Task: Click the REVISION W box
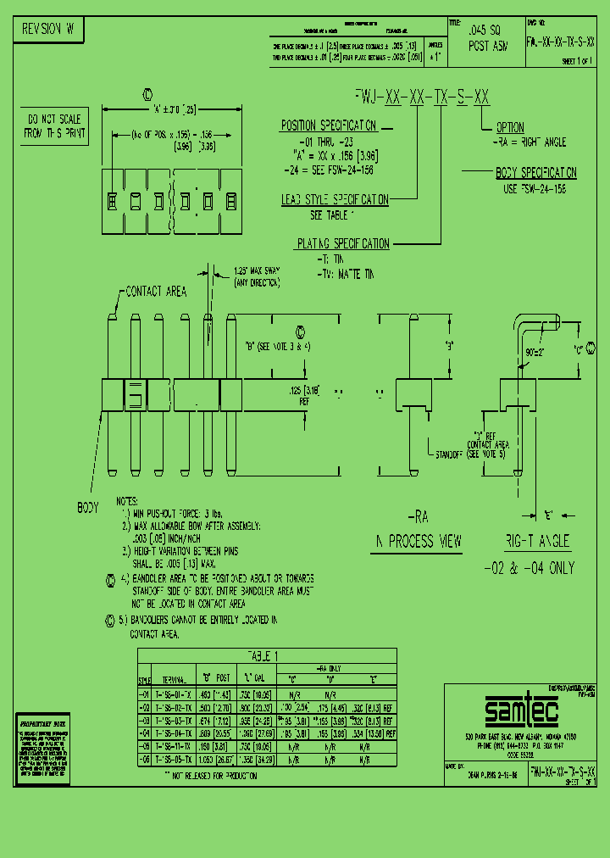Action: coord(47,30)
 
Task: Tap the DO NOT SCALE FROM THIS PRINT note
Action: coord(52,126)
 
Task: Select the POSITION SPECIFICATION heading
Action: coord(328,125)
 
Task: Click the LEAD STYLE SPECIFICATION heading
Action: coord(335,200)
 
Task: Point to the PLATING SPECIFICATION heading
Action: coord(342,244)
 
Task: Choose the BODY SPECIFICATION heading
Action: coord(535,173)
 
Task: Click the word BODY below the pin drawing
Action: coord(88,508)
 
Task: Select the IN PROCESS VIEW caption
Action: coord(417,541)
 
